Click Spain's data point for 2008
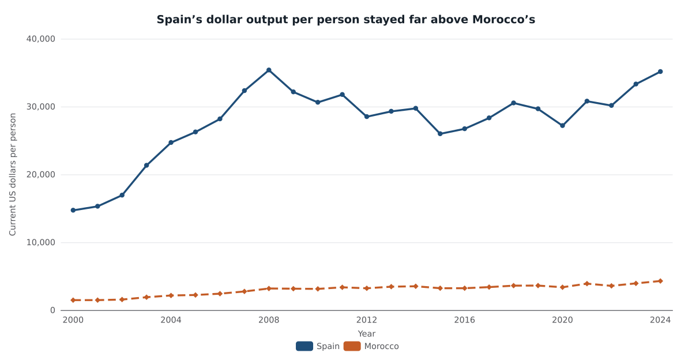pos(269,70)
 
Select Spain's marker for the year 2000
pos(73,210)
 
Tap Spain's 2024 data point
pos(660,72)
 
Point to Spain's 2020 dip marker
pos(563,125)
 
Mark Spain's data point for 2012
pos(367,117)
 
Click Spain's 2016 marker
pos(465,129)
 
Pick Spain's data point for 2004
pos(171,142)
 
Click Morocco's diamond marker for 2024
pos(660,281)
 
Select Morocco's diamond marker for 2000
pos(73,300)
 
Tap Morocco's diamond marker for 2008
pos(269,288)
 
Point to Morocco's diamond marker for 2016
pos(465,288)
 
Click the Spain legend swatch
pos(304,346)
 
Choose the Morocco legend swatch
pos(352,346)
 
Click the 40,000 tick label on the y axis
pos(41,39)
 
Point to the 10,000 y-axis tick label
pos(41,242)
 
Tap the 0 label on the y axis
pos(53,310)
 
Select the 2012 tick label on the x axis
pos(367,320)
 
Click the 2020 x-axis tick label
pos(563,320)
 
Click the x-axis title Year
pos(367,333)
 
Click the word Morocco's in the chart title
pos(503,20)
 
